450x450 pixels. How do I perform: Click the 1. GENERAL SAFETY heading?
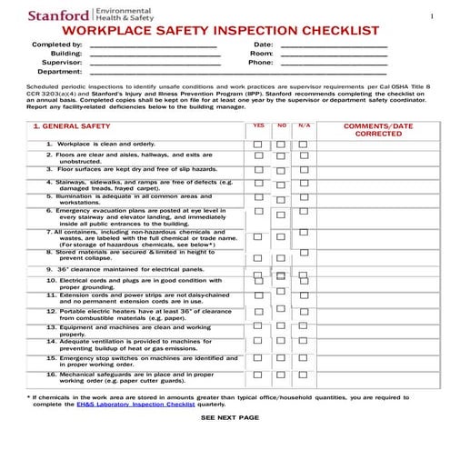(72, 127)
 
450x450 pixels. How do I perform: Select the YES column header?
(259, 125)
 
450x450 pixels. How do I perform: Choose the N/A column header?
(304, 125)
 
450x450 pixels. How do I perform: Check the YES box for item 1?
(259, 145)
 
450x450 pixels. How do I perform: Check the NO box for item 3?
(282, 170)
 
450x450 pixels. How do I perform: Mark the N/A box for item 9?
(304, 270)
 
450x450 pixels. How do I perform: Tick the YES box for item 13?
(259, 328)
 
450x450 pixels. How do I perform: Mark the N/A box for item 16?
(304, 375)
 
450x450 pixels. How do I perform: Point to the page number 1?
(430, 17)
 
